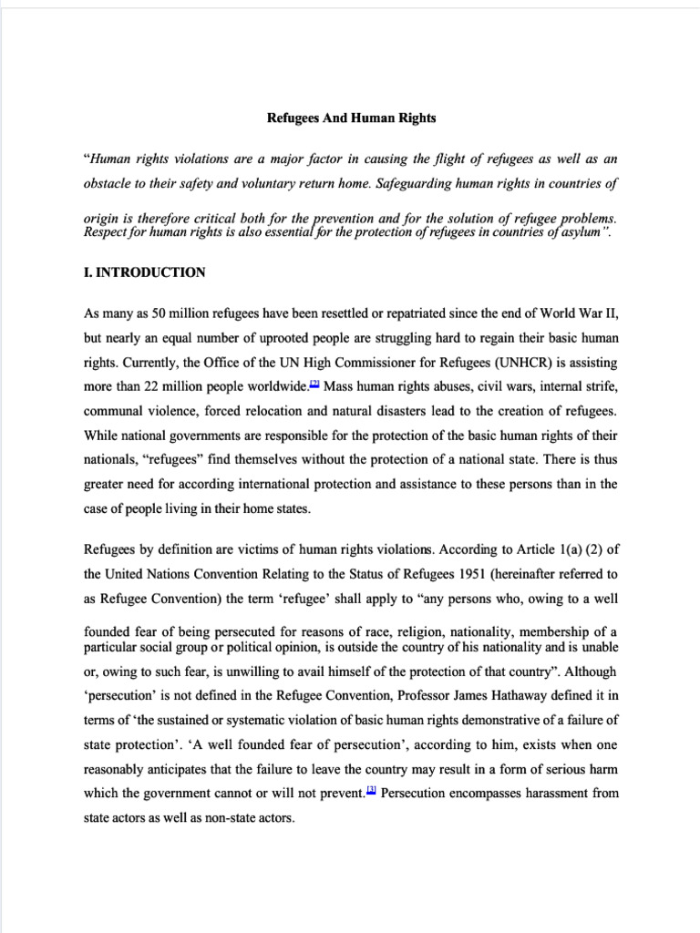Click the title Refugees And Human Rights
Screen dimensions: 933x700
pyautogui.click(x=350, y=118)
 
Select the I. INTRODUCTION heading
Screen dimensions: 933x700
pyautogui.click(x=144, y=272)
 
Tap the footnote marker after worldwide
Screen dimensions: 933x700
pyautogui.click(x=314, y=384)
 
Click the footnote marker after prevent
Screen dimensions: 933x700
pyautogui.click(x=371, y=791)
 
